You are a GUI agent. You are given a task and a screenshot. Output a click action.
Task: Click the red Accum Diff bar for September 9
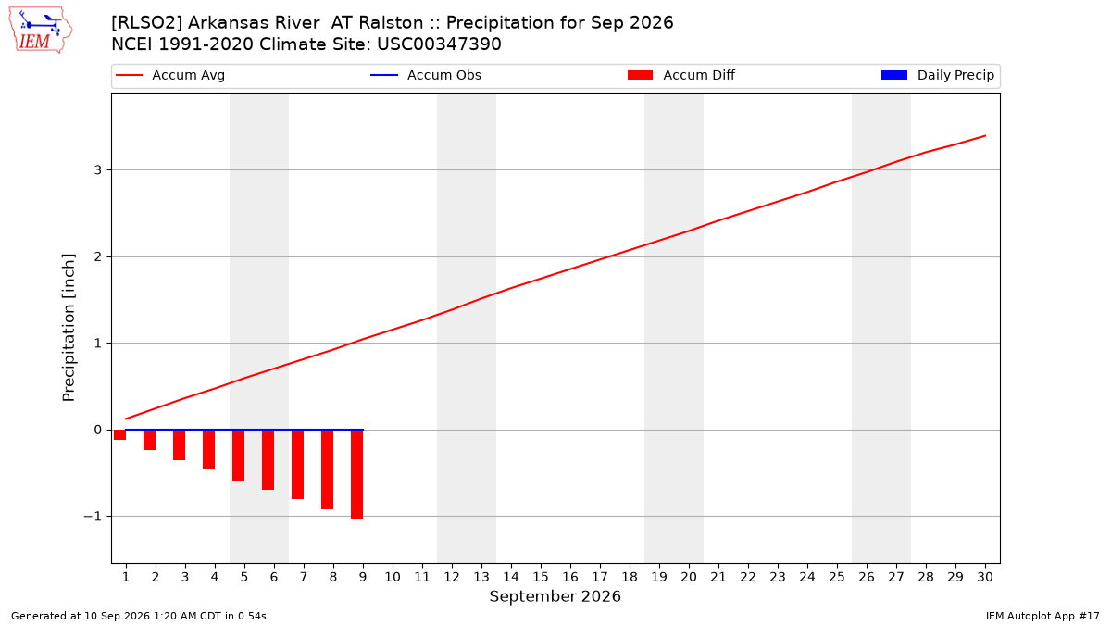click(x=356, y=475)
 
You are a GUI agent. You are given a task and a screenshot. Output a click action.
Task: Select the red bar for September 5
click(x=238, y=456)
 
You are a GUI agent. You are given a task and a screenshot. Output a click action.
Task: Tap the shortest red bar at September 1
click(x=119, y=435)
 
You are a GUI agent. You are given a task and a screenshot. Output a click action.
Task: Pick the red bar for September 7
click(x=297, y=465)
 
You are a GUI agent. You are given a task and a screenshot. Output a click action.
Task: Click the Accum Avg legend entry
click(x=170, y=75)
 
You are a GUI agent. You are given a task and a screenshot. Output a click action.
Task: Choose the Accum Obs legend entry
click(x=426, y=75)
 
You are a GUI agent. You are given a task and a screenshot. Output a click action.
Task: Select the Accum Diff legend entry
click(x=681, y=75)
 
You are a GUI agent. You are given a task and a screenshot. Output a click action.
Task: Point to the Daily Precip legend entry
click(x=937, y=75)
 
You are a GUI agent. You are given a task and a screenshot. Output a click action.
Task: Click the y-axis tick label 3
click(x=98, y=170)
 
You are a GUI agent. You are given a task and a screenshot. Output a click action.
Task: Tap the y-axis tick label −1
click(x=93, y=517)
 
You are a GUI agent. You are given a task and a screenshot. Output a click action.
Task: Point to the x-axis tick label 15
click(x=541, y=577)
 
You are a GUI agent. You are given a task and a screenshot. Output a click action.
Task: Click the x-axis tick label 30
click(x=985, y=577)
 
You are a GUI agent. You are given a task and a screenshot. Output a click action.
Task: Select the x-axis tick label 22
click(x=748, y=577)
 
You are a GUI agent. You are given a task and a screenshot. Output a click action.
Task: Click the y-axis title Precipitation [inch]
click(x=69, y=328)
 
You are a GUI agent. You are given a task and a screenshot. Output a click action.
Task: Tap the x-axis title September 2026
click(x=555, y=596)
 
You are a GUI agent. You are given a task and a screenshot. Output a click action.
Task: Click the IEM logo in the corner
click(x=40, y=31)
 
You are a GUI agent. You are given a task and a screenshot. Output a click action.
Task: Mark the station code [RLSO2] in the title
click(x=147, y=23)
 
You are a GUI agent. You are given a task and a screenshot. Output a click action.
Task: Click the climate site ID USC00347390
click(x=439, y=44)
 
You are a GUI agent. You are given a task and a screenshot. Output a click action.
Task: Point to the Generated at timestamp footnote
click(x=138, y=616)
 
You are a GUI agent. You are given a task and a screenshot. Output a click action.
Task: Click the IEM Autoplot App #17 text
click(x=1042, y=616)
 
